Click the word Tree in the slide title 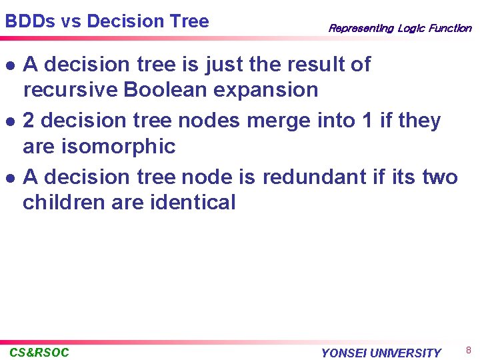tap(189, 21)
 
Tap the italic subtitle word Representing tap(361, 28)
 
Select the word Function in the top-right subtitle tap(449, 28)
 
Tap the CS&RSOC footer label tap(39, 352)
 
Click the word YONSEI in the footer tap(344, 353)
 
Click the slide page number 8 tap(469, 350)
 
